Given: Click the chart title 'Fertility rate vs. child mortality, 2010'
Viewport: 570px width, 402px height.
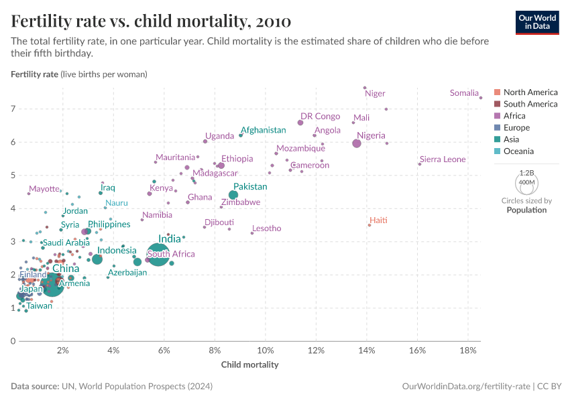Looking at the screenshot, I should (x=151, y=21).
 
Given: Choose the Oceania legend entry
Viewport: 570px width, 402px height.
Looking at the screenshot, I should (x=518, y=151).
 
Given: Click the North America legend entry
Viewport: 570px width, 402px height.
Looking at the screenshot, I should (x=530, y=92).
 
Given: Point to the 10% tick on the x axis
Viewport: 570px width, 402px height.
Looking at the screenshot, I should (x=266, y=350).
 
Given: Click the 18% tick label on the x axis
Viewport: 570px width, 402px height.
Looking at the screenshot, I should (x=469, y=350).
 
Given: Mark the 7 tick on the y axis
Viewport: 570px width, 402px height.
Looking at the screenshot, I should (x=13, y=109).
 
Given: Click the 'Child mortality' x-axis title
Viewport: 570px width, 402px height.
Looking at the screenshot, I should (x=249, y=365).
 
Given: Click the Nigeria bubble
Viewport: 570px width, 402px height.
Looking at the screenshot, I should (x=357, y=143).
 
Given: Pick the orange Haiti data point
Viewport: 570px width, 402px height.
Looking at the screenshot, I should (x=369, y=225).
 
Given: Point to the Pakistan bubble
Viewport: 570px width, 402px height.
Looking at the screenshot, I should (x=233, y=195).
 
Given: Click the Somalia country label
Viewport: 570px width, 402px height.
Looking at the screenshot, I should (x=464, y=93).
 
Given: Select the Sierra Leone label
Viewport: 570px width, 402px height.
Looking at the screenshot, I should (x=443, y=159).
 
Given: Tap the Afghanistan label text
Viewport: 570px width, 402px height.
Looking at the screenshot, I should (x=264, y=130).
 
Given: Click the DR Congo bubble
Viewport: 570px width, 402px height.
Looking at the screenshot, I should (x=300, y=123).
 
